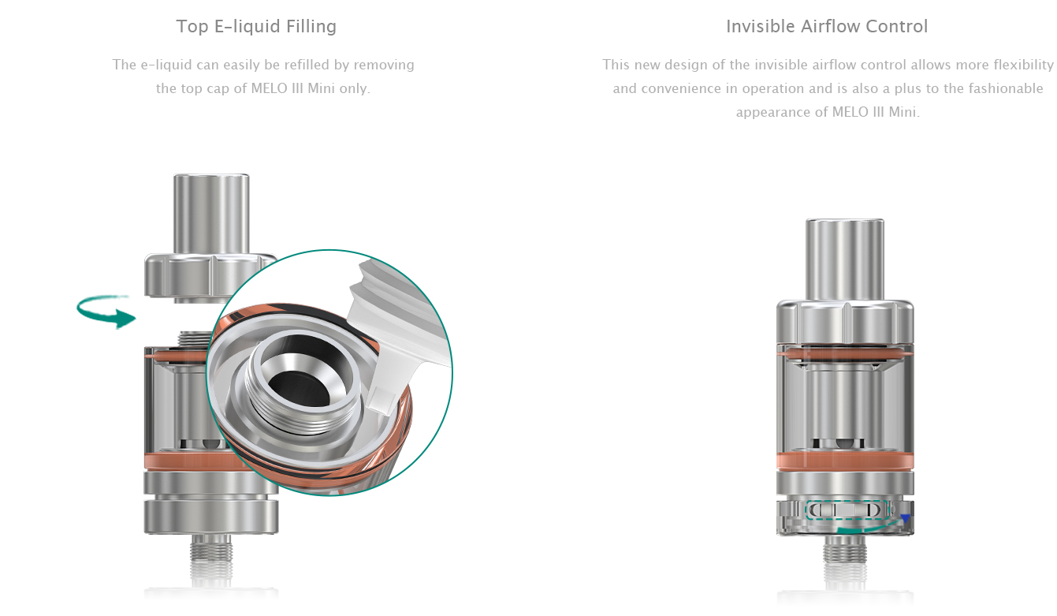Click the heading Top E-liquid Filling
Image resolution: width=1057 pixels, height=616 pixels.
pyautogui.click(x=256, y=27)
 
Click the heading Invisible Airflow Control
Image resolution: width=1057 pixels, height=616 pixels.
pyautogui.click(x=827, y=27)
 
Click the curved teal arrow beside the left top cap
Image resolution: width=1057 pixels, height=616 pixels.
pyautogui.click(x=105, y=311)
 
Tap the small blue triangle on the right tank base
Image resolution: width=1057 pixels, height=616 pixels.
pyautogui.click(x=905, y=519)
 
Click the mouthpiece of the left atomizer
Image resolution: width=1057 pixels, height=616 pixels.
pyautogui.click(x=211, y=214)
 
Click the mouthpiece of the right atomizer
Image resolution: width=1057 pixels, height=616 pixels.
pyautogui.click(x=845, y=259)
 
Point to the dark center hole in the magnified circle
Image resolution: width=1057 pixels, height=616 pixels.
pyautogui.click(x=300, y=388)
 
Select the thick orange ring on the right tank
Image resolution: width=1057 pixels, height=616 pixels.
pyautogui.click(x=845, y=461)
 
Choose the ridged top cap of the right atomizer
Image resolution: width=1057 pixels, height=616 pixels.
pyautogui.click(x=845, y=322)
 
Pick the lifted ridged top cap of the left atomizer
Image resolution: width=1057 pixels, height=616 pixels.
pyautogui.click(x=210, y=277)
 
